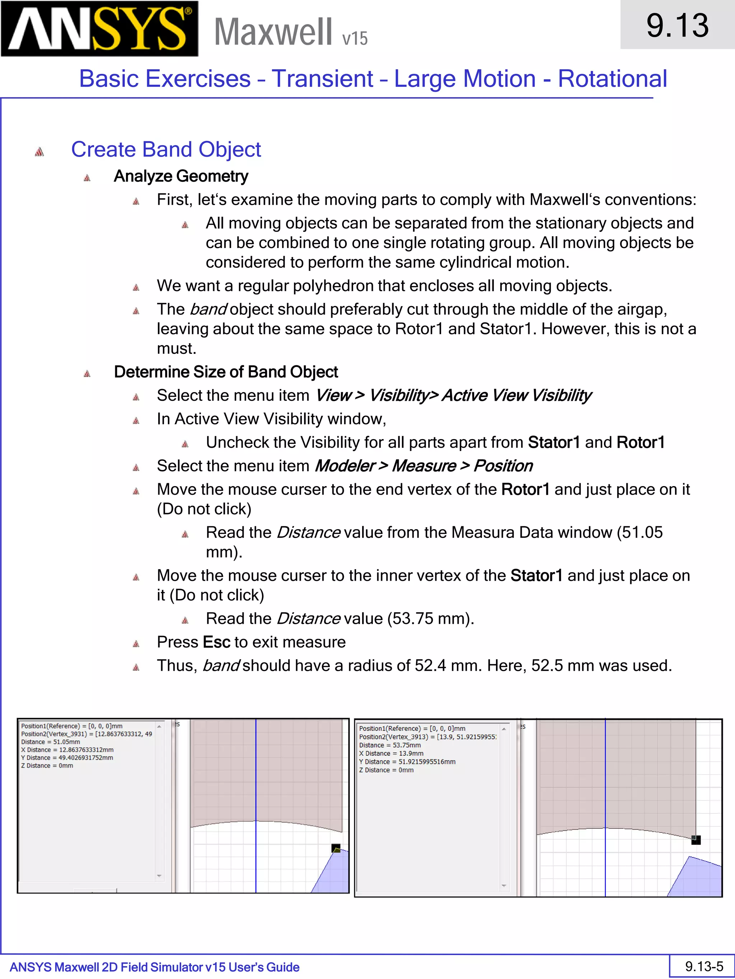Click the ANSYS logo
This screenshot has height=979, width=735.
[x=99, y=29]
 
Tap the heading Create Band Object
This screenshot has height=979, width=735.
[x=166, y=149]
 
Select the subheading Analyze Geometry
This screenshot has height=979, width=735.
[x=181, y=176]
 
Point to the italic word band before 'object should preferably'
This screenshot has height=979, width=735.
[x=208, y=309]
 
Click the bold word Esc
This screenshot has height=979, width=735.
[x=216, y=642]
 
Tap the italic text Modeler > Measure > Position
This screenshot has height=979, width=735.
[x=423, y=466]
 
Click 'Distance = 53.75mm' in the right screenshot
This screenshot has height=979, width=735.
[x=390, y=745]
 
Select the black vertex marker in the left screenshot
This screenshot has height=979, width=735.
[x=336, y=849]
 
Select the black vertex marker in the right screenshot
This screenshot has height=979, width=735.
[x=696, y=840]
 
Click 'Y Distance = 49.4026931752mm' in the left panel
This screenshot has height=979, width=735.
[x=67, y=758]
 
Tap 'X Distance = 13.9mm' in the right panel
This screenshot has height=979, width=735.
[x=391, y=753]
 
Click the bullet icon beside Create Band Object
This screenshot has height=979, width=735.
[x=39, y=152]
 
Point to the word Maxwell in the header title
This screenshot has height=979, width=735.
[x=273, y=32]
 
